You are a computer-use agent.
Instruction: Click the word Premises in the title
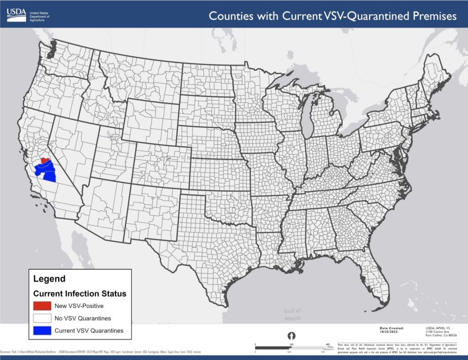pos(431,16)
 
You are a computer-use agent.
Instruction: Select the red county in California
pos(45,160)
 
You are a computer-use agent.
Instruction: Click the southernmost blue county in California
pos(49,177)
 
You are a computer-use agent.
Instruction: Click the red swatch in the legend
pos(43,306)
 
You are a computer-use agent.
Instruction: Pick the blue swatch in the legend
pos(43,330)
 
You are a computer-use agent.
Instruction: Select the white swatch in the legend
pos(43,318)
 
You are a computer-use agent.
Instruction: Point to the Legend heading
pos(49,279)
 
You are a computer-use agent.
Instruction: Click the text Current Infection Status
pos(80,293)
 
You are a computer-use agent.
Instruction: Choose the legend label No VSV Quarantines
pos(83,318)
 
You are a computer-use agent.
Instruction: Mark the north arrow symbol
pos(290,337)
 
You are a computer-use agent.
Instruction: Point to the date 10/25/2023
pos(391,332)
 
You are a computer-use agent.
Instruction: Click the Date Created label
pos(392,328)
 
